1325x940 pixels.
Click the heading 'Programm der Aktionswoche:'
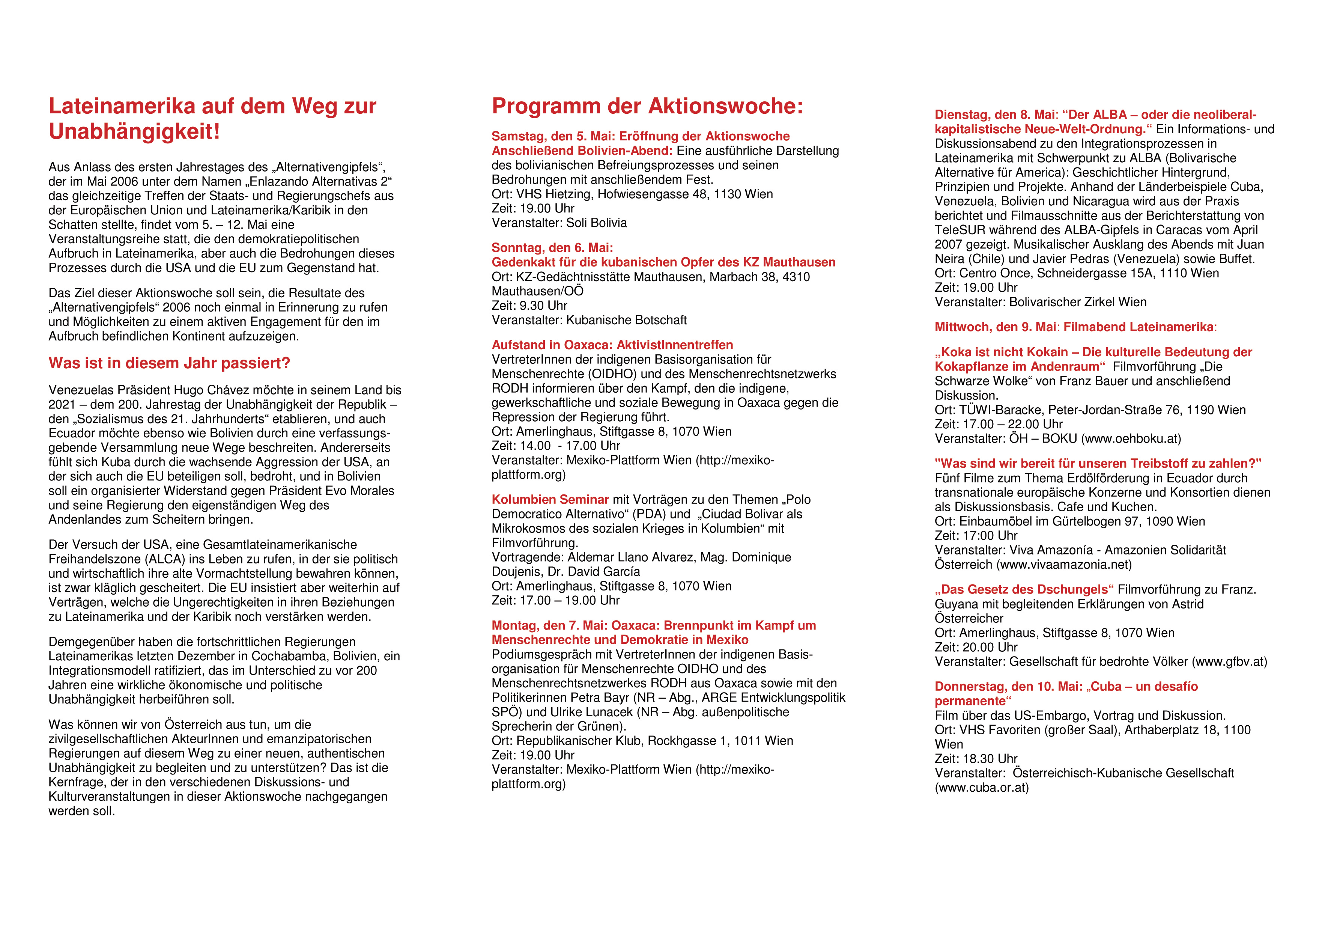coord(647,107)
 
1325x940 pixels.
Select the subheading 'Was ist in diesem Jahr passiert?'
coord(169,363)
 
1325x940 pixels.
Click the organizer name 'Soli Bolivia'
coord(596,223)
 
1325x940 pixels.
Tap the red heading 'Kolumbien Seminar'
coord(550,500)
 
